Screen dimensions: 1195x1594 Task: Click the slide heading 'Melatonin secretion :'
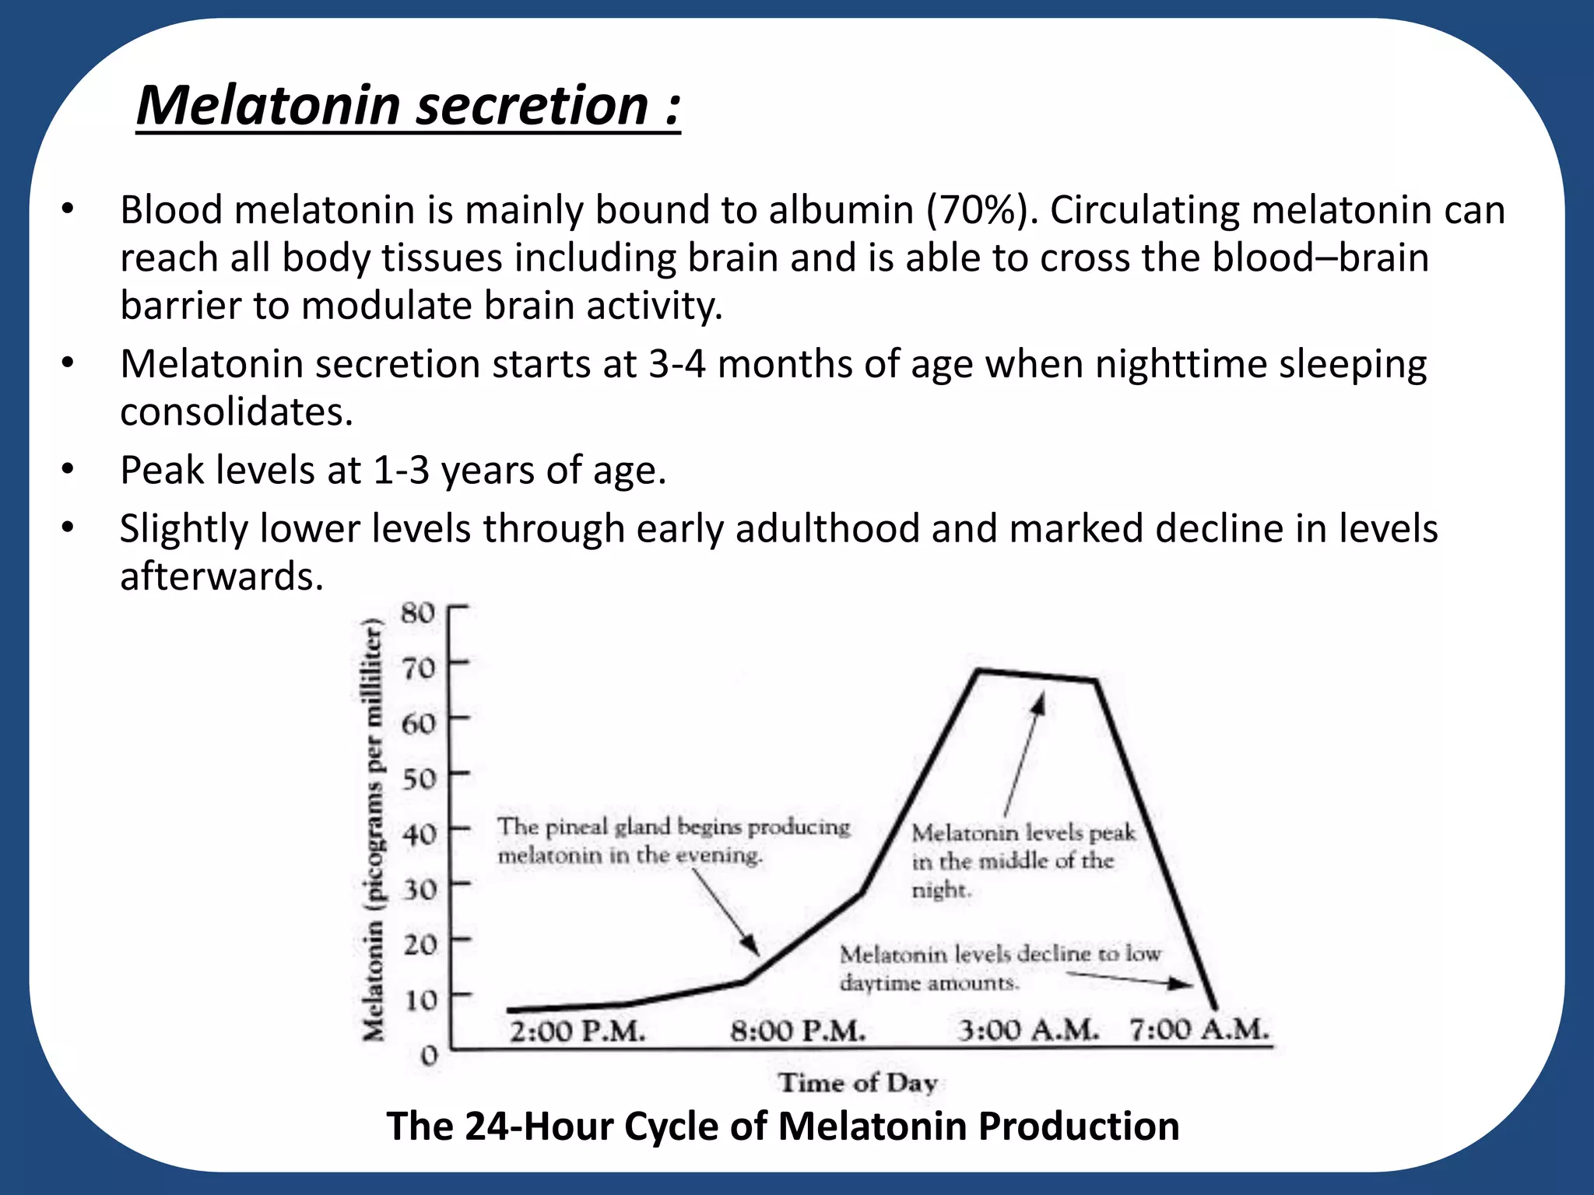(409, 106)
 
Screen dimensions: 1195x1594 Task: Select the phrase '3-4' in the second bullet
(677, 364)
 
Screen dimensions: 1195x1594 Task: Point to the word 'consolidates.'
(237, 412)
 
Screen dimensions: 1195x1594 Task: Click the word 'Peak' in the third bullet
(161, 471)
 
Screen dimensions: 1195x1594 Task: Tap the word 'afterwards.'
(222, 576)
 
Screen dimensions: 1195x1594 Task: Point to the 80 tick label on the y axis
(418, 613)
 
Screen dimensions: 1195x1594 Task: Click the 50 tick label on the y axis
(418, 778)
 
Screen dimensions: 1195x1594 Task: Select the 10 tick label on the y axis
(420, 999)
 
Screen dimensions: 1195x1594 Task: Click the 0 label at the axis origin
(429, 1056)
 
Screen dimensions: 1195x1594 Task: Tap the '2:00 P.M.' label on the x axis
(578, 1032)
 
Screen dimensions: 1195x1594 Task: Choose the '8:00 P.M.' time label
(798, 1032)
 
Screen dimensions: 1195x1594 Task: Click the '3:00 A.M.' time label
(1028, 1031)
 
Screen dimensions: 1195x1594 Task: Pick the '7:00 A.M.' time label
(1199, 1030)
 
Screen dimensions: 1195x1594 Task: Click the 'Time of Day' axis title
(858, 1082)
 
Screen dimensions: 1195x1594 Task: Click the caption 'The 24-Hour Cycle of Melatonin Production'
(783, 1127)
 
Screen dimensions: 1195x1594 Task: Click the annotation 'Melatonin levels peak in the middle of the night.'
(1023, 861)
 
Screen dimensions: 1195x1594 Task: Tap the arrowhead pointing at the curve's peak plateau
(1038, 704)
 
